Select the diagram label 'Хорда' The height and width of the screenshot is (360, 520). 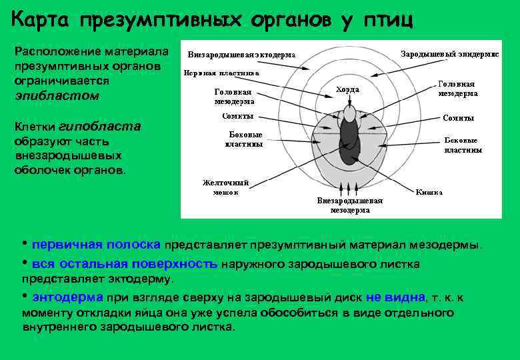tap(347, 89)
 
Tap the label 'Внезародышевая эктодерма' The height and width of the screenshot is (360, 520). tap(241, 54)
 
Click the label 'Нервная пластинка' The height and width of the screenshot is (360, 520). tap(222, 73)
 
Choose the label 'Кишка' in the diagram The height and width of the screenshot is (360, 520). tap(429, 192)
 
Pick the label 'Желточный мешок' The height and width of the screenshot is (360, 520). tap(225, 187)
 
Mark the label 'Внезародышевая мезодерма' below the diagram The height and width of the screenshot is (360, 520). tap(350, 205)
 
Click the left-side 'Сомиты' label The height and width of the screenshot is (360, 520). tap(237, 116)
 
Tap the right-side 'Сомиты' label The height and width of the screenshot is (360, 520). tap(459, 118)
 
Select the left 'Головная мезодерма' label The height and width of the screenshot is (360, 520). tap(234, 97)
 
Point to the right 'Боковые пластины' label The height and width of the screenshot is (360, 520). tap(463, 145)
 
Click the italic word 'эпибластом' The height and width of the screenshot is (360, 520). tap(56, 95)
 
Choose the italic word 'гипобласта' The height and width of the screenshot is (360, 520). tap(99, 127)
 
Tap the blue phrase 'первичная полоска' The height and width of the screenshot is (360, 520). tap(96, 245)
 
